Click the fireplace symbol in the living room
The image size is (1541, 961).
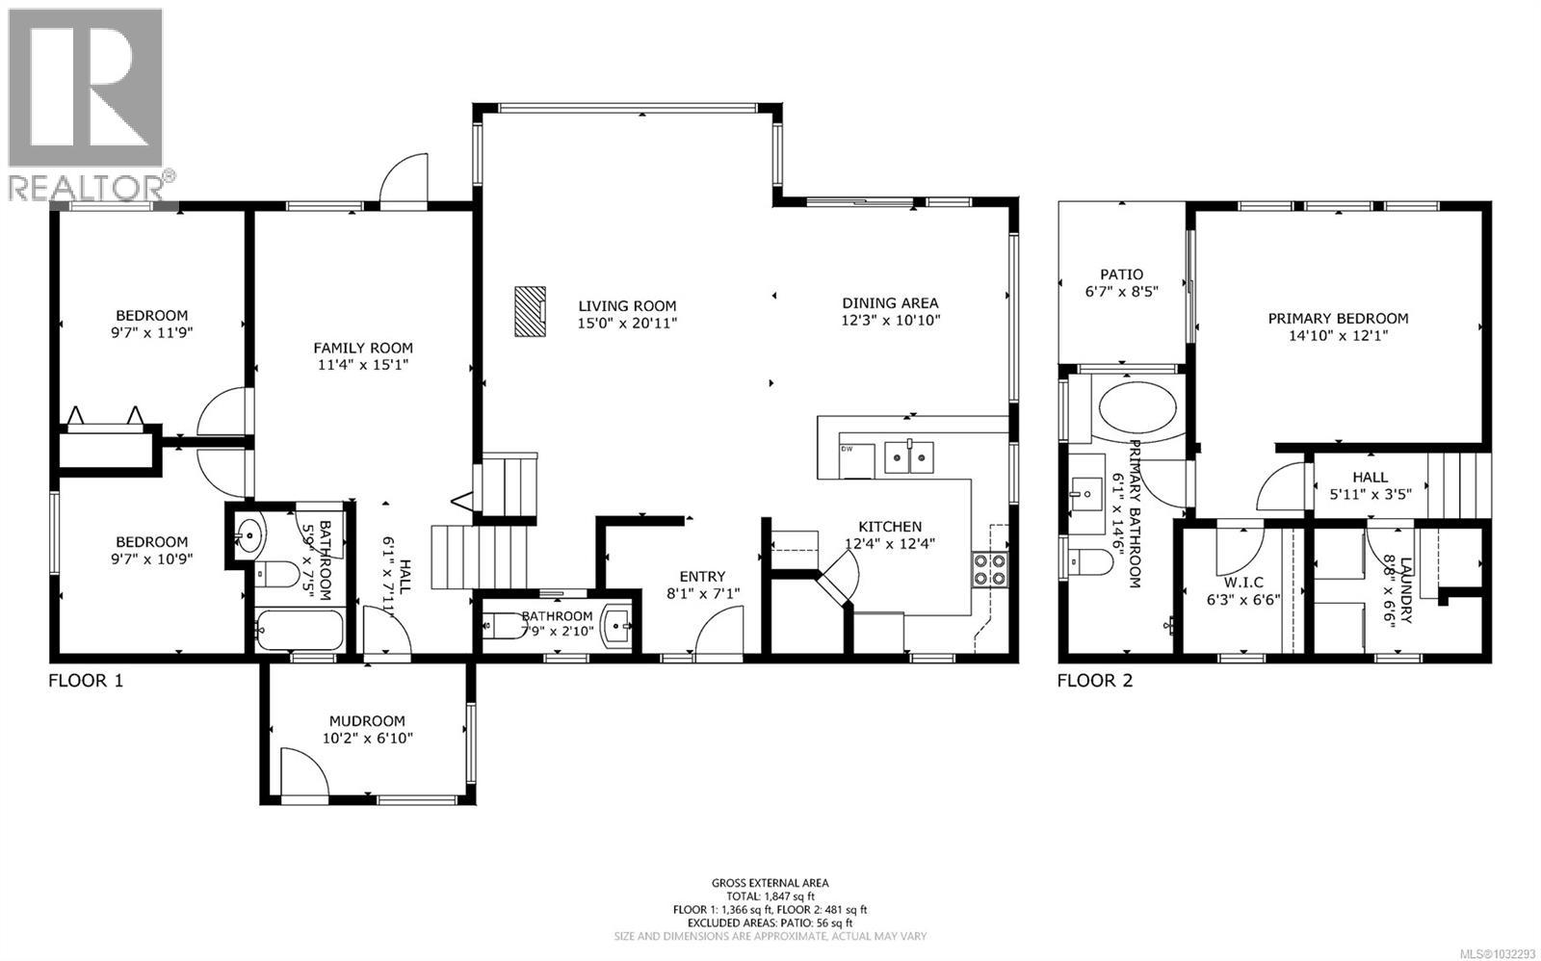point(529,311)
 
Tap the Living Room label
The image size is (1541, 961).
point(627,306)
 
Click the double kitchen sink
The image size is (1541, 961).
point(910,456)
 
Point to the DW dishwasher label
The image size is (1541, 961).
point(848,449)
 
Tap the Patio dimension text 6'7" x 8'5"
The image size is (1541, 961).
point(1121,293)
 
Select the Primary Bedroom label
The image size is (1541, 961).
point(1338,319)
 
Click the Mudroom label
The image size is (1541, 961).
point(367,720)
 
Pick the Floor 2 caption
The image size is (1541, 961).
point(1095,681)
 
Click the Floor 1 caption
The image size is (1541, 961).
point(86,681)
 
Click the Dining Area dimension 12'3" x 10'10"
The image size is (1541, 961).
point(890,321)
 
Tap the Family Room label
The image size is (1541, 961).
point(363,348)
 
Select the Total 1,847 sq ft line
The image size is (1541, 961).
point(770,896)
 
